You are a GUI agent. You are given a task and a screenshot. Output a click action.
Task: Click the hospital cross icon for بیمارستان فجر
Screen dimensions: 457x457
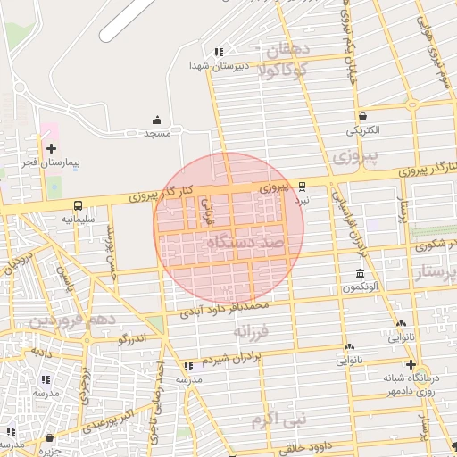[x=51, y=148]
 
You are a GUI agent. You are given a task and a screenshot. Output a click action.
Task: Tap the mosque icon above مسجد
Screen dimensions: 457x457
[x=158, y=120]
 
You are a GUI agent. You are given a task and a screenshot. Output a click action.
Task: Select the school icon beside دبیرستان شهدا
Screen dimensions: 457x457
[x=220, y=52]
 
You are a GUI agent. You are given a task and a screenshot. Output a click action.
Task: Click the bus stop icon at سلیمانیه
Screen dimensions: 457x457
[x=78, y=204]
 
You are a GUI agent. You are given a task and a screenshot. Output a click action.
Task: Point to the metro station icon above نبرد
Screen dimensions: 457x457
[x=302, y=187]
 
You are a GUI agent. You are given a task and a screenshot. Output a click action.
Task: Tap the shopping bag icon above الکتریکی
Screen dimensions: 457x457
[x=362, y=116]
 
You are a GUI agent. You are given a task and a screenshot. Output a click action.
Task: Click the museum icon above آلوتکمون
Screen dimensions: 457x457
[x=360, y=273]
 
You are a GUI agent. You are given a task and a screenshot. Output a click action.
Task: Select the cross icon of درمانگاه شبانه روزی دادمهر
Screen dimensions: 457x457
[x=410, y=364]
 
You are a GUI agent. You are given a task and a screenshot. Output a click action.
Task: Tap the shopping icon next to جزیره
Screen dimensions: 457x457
[x=47, y=438]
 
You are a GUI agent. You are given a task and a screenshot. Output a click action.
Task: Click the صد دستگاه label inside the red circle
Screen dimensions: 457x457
[x=243, y=243]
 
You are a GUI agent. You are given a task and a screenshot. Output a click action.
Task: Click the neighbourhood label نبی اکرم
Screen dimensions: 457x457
[x=278, y=418]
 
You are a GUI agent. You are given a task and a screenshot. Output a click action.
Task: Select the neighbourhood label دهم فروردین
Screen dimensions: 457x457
[x=71, y=320]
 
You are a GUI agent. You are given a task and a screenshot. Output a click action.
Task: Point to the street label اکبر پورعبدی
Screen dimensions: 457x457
[x=111, y=419]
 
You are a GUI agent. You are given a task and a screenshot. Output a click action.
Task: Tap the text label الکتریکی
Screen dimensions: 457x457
[x=362, y=130]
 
